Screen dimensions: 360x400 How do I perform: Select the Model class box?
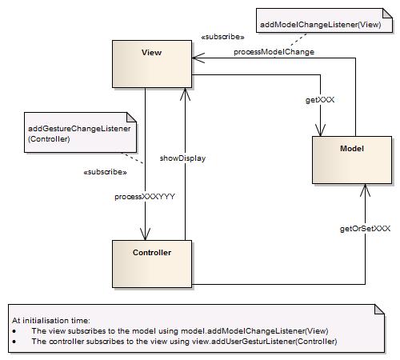tap(352, 160)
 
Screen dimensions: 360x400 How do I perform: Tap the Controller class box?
tap(151, 262)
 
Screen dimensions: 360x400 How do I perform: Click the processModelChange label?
tap(274, 51)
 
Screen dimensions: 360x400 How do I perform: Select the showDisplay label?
tap(183, 158)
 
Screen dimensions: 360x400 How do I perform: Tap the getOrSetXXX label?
tap(366, 228)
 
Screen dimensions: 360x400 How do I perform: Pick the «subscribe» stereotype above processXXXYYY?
tap(105, 172)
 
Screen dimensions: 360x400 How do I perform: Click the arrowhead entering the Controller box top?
tap(145, 234)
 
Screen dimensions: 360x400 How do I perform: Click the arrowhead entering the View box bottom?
tap(185, 94)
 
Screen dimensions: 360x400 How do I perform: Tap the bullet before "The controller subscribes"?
tap(15, 341)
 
